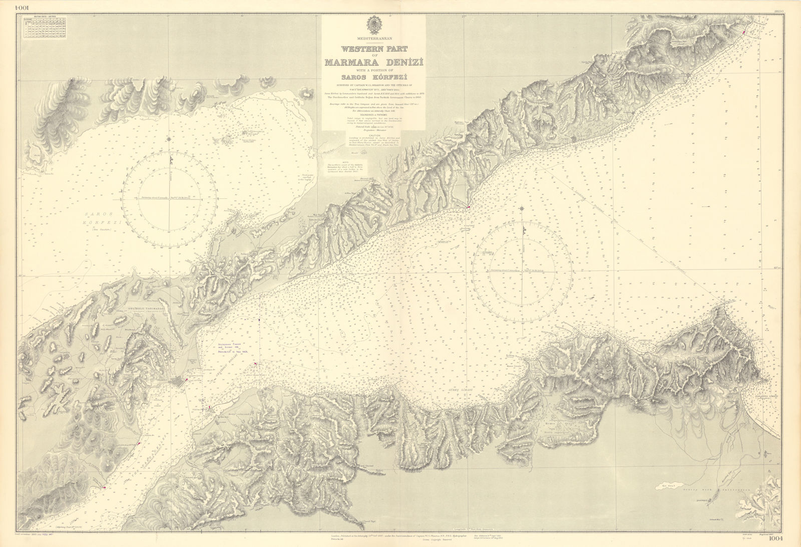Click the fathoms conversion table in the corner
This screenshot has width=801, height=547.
point(44,28)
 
